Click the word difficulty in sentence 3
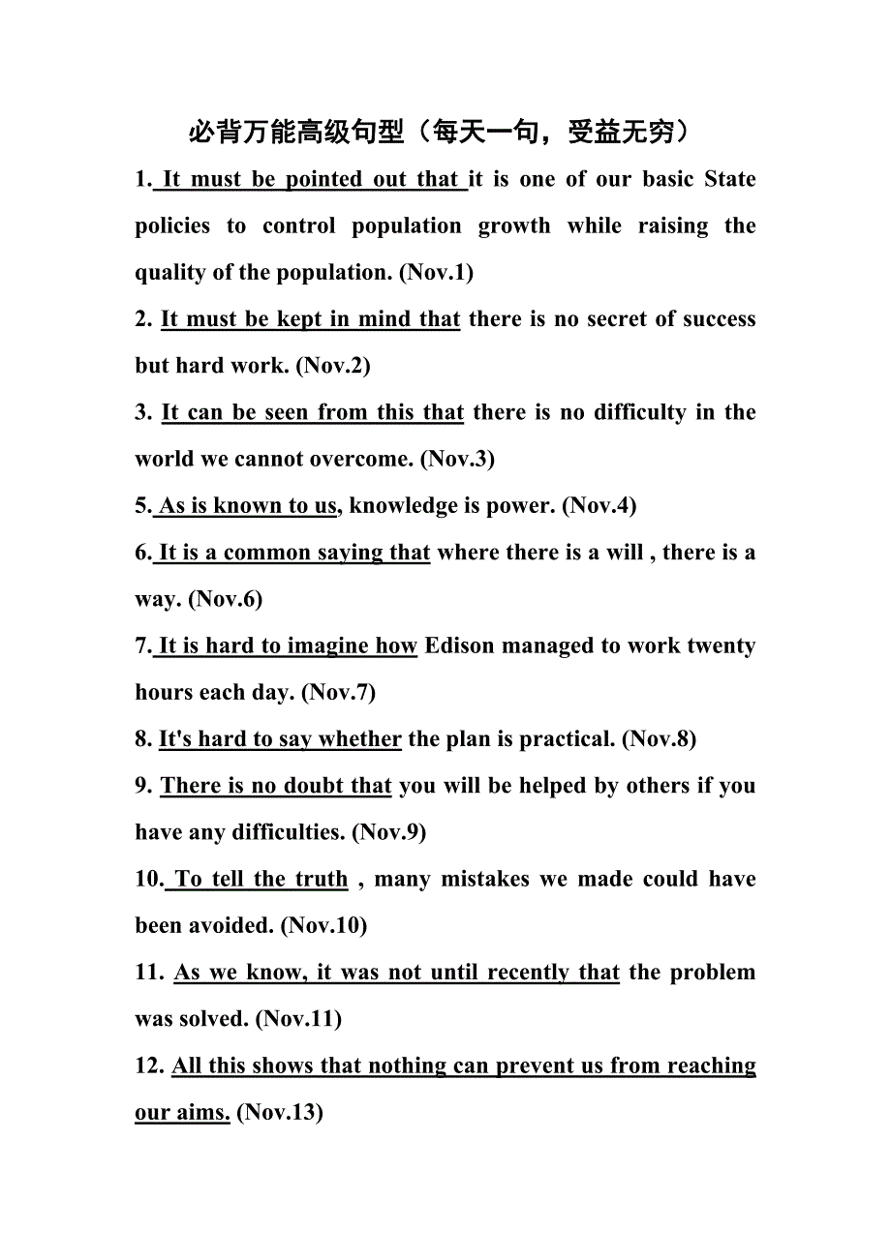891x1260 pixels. [x=640, y=412]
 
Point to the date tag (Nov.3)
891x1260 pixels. [x=457, y=459]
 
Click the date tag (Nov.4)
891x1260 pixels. [x=599, y=505]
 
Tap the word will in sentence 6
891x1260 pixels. [x=625, y=553]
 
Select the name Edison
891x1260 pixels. [x=459, y=645]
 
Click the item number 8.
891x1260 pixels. [x=142, y=739]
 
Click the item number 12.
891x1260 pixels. [x=149, y=1065]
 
